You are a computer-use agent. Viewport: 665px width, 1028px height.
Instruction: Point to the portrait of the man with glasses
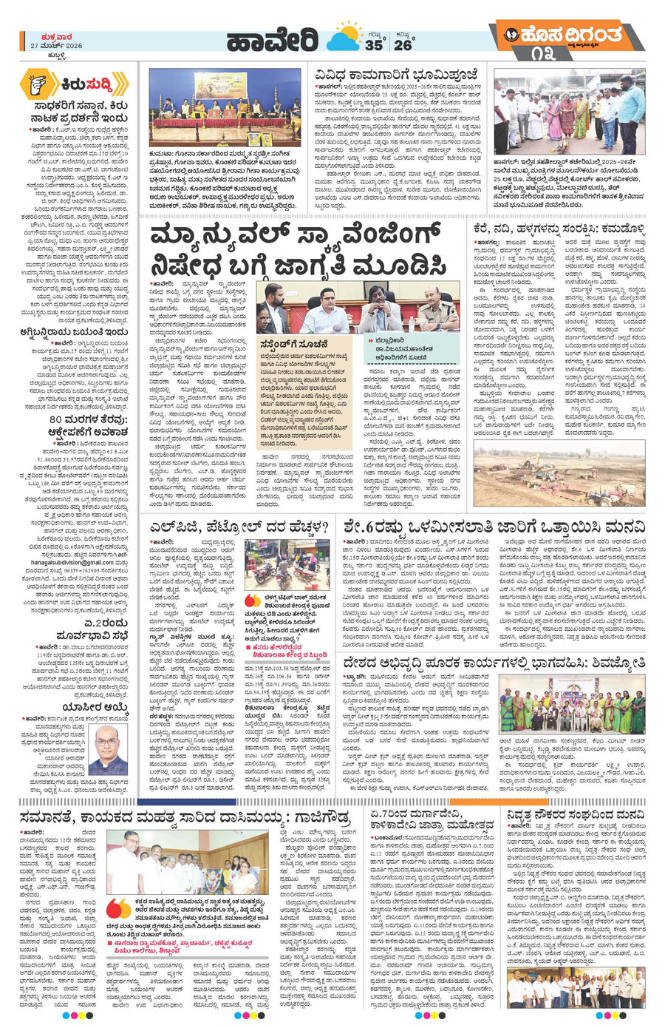[x=106, y=749]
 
